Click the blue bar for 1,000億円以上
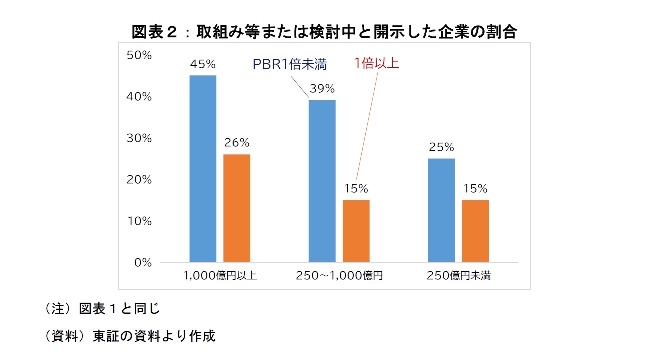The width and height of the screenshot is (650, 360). [203, 168]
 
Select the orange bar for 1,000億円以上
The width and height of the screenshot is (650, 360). [237, 208]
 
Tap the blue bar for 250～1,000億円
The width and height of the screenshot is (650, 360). [322, 181]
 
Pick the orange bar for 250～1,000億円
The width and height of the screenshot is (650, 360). [356, 231]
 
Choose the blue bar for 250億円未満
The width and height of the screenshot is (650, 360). [441, 210]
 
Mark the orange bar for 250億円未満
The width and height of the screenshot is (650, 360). [475, 231]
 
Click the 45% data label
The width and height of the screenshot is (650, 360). [203, 64]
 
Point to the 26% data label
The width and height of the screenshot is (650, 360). [237, 143]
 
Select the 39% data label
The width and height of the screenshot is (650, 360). [322, 89]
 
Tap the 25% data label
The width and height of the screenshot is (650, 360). [441, 147]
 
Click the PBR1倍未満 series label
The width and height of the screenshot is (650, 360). [289, 65]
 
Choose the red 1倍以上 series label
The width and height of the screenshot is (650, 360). [376, 64]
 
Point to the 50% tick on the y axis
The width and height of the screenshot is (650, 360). [139, 55]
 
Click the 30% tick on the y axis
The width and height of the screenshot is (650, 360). [139, 138]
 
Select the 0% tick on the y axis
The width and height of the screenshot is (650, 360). [142, 262]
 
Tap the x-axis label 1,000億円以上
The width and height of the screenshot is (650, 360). [220, 276]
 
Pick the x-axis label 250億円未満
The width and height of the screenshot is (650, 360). [459, 276]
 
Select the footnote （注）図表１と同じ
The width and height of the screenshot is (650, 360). [102, 309]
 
